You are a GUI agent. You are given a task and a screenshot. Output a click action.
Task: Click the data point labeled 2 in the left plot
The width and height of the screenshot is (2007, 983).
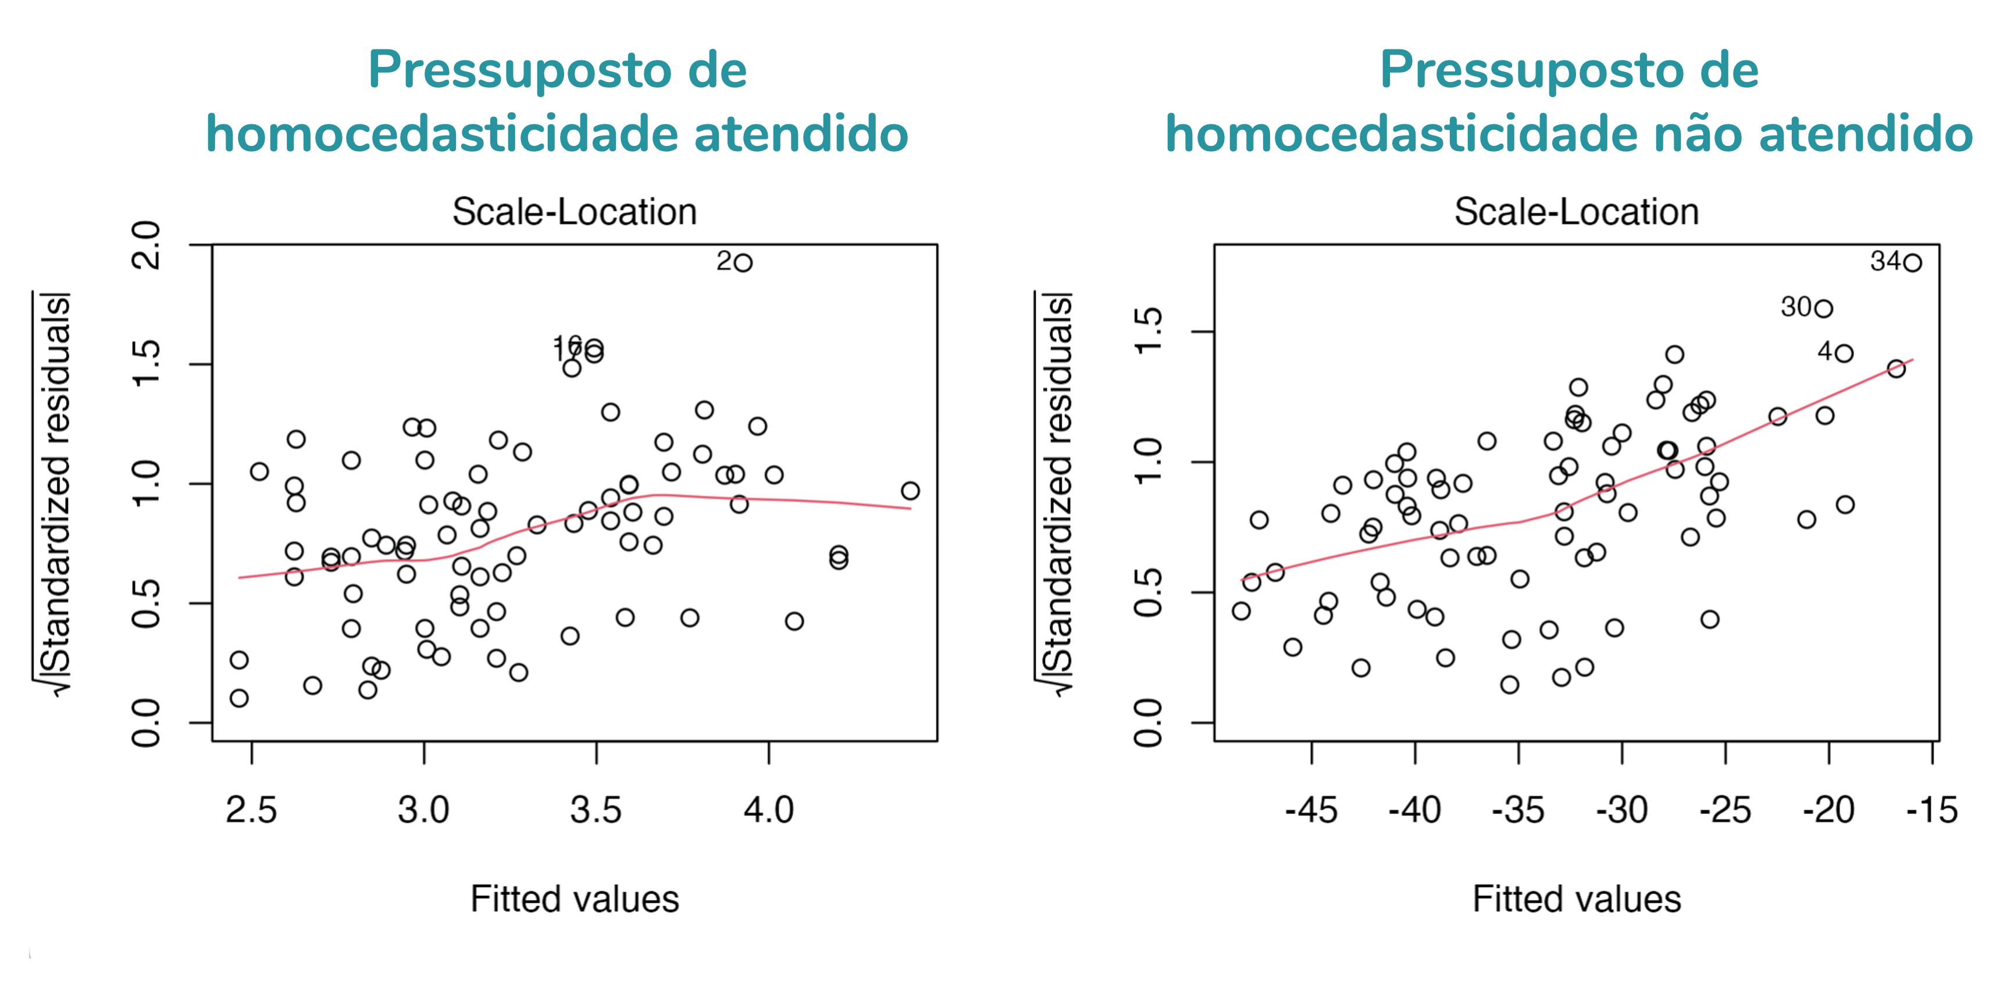(743, 263)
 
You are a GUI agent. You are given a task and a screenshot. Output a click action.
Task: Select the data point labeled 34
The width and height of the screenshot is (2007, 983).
(1912, 263)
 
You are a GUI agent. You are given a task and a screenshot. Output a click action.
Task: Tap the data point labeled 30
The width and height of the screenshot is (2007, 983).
(1823, 309)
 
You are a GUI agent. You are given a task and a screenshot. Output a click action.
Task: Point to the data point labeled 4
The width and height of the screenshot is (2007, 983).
(1844, 353)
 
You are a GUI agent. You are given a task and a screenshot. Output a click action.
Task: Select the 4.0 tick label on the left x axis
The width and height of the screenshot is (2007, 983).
(768, 810)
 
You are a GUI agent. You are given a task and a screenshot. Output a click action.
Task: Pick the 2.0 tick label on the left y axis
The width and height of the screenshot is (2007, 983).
(147, 245)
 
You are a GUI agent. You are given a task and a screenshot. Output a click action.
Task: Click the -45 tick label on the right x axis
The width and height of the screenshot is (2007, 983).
(1311, 810)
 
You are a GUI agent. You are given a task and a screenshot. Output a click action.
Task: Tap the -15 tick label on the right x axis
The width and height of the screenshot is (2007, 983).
(1932, 810)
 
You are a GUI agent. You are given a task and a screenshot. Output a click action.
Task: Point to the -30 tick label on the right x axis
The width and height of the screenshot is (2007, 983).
(1622, 810)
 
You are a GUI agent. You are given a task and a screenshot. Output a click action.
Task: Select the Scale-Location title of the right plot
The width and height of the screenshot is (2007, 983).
(1576, 212)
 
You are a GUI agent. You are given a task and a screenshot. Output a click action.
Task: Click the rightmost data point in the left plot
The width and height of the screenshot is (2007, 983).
(910, 491)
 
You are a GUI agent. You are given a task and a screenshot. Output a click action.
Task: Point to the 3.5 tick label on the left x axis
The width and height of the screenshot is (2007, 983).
(596, 810)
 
